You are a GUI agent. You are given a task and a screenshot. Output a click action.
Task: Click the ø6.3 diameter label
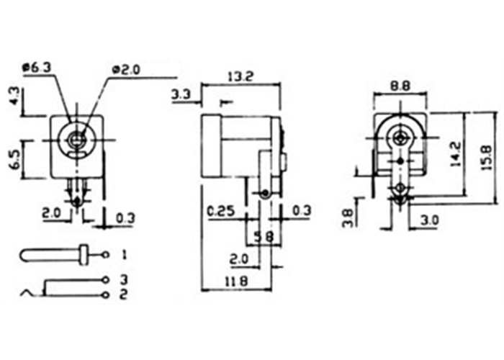[37, 68]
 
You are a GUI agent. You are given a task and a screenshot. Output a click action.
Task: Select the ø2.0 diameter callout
[126, 70]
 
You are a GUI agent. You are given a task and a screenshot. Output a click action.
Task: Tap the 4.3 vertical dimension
[15, 97]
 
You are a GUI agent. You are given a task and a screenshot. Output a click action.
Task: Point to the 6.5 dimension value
[15, 159]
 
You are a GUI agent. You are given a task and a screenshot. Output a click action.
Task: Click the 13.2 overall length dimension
[240, 77]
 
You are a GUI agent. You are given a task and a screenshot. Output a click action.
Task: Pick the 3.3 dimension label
[181, 95]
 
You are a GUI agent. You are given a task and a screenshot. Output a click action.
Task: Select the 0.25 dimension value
[221, 211]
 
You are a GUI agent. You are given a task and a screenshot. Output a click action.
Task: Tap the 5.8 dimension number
[264, 237]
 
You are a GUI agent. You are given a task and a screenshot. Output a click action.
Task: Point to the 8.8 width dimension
[400, 86]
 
